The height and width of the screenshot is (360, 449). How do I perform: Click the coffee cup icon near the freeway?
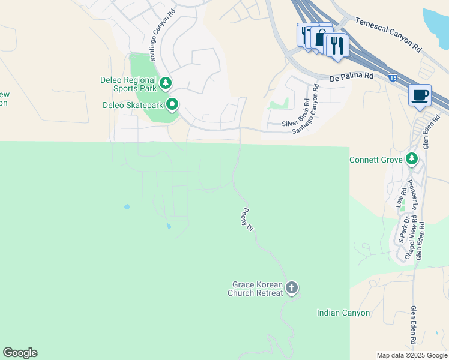420,95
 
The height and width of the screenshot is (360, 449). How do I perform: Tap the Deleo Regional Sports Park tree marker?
166,83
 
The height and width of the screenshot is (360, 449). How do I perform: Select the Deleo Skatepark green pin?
172,104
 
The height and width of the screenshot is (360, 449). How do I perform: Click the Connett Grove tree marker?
411,159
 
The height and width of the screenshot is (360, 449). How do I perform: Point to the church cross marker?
292,288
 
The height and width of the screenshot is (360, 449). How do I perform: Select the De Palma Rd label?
351,77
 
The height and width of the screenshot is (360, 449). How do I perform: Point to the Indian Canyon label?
343,313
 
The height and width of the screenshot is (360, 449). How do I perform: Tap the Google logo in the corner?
20,353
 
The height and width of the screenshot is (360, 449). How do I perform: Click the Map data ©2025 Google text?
412,355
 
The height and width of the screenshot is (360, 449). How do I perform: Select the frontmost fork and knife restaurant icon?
337,46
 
